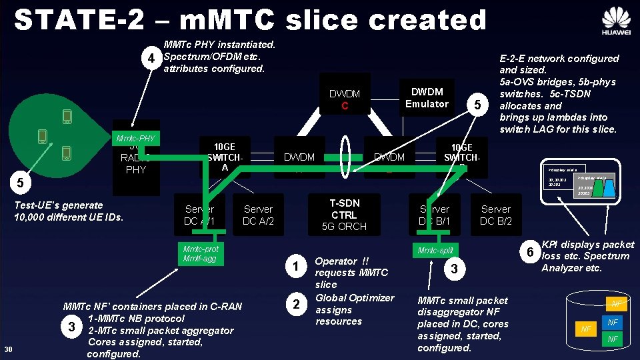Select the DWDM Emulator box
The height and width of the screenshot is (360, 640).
tap(427, 97)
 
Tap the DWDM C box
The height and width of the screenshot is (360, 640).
tap(344, 99)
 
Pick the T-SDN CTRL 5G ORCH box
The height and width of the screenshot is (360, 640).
tap(343, 215)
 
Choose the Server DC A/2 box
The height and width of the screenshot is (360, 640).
tap(258, 215)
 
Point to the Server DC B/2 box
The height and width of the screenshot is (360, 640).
tap(495, 215)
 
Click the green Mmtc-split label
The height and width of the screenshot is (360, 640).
tap(435, 251)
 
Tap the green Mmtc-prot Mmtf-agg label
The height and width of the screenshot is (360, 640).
tap(201, 253)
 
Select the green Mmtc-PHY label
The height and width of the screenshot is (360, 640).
tap(135, 139)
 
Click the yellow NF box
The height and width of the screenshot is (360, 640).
tap(586, 329)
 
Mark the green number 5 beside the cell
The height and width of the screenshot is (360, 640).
tap(21, 181)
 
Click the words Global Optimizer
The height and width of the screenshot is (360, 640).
tap(354, 297)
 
